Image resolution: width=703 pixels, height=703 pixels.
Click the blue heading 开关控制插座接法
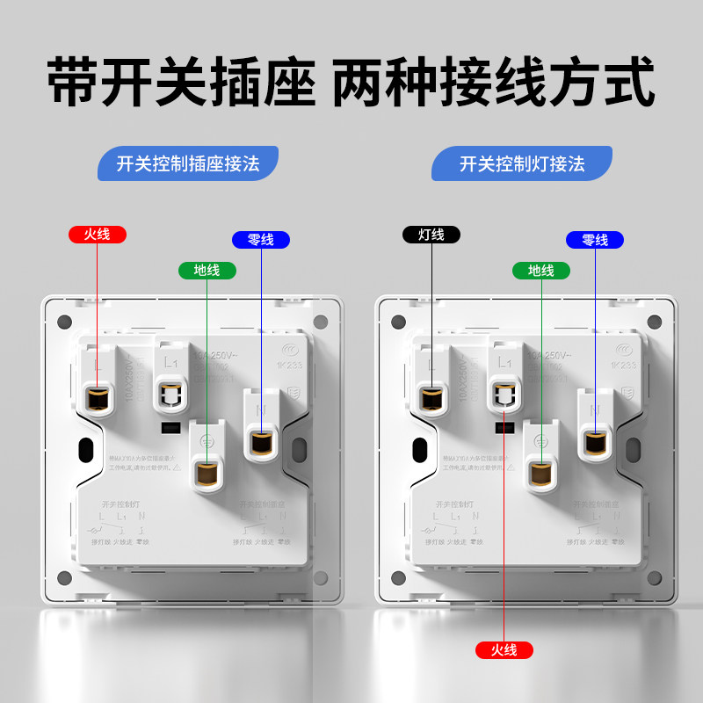pyautogui.click(x=188, y=163)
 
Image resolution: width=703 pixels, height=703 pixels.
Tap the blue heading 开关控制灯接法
pyautogui.click(x=522, y=163)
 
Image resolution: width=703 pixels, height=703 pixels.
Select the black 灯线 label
pyautogui.click(x=431, y=235)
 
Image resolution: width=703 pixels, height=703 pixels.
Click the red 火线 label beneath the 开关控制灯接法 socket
pyautogui.click(x=504, y=650)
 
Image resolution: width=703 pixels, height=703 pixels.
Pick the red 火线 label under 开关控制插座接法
pyautogui.click(x=98, y=235)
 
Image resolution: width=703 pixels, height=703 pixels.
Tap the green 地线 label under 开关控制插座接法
pyautogui.click(x=207, y=270)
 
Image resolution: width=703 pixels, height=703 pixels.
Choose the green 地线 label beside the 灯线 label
pyautogui.click(x=540, y=270)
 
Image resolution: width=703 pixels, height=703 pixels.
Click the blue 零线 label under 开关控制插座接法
pyautogui.click(x=261, y=239)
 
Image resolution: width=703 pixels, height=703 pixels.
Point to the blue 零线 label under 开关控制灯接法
pyautogui.click(x=595, y=239)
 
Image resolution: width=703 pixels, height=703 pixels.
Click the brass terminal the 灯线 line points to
pyautogui.click(x=431, y=398)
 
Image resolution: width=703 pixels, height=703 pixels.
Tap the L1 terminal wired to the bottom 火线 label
pyautogui.click(x=504, y=394)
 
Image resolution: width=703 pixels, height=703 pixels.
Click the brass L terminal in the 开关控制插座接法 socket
pyautogui.click(x=98, y=398)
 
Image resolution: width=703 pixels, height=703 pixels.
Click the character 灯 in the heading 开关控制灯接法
pyautogui.click(x=534, y=163)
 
